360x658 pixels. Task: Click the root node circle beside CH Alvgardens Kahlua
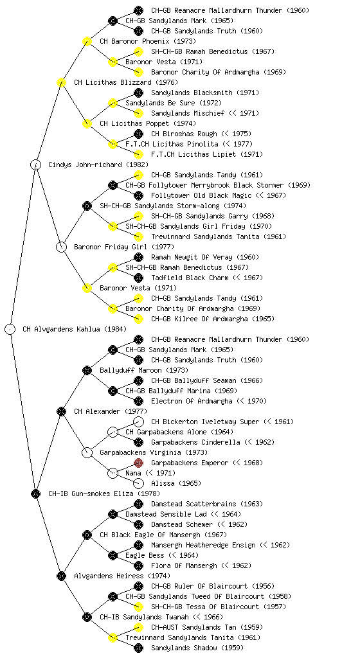[10, 329]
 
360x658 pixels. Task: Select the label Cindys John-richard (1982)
[98, 164]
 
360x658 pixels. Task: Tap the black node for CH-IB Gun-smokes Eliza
[35, 493]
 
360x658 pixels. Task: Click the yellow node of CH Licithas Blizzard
[61, 82]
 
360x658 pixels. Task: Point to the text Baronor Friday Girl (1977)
[124, 247]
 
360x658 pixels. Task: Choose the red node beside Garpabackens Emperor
[138, 463]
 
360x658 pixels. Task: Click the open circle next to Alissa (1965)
[138, 483]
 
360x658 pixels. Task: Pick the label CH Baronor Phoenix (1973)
[148, 41]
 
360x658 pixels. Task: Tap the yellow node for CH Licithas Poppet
[87, 123]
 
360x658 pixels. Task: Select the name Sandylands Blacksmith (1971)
[205, 93]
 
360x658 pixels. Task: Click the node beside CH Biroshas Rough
[138, 134]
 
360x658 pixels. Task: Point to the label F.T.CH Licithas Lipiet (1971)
[207, 154]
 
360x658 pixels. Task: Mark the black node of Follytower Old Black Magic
[138, 195]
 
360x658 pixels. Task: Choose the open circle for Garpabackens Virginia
[87, 452]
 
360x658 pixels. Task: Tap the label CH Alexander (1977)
[111, 411]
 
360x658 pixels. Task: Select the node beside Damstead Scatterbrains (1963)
[138, 504]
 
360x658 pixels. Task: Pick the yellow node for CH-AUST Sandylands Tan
[138, 627]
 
